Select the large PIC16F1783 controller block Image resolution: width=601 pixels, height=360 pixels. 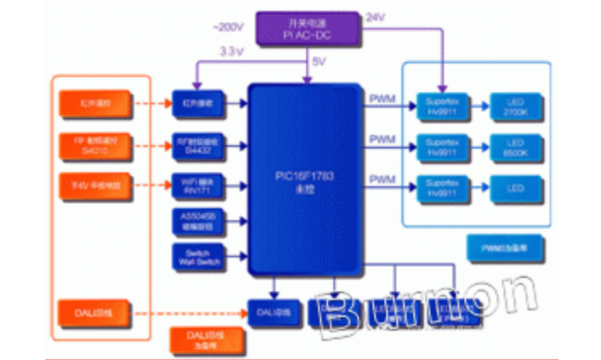306,178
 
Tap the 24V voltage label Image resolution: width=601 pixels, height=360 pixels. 375,16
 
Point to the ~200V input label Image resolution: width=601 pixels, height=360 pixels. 227,27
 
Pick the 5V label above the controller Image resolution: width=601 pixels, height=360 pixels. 319,61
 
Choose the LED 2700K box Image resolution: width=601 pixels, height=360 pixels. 516,107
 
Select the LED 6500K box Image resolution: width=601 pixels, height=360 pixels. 516,147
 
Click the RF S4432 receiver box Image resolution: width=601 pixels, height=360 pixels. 198,144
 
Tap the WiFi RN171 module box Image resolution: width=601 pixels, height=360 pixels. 198,184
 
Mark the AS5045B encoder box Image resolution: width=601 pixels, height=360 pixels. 198,221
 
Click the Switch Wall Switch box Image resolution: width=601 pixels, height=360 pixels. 198,256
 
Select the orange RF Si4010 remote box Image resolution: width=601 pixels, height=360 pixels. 95,144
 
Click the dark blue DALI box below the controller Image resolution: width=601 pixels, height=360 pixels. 273,313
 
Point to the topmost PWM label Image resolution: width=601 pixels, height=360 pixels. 382,99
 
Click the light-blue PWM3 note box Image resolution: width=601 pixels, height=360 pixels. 506,247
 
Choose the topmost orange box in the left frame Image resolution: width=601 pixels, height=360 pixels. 95,104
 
